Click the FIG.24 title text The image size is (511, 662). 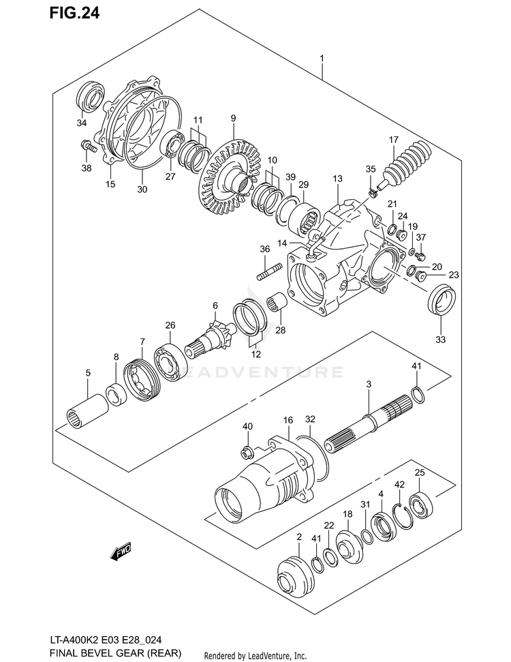tap(74, 12)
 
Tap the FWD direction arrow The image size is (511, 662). tap(121, 551)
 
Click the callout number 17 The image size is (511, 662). tap(393, 139)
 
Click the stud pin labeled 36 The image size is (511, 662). tap(270, 271)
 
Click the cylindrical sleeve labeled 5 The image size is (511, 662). tap(87, 411)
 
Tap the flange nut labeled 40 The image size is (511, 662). tap(247, 452)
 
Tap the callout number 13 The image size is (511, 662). tap(337, 179)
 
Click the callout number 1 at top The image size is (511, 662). tap(322, 58)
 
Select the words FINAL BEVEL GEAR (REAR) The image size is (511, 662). tap(115, 653)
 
